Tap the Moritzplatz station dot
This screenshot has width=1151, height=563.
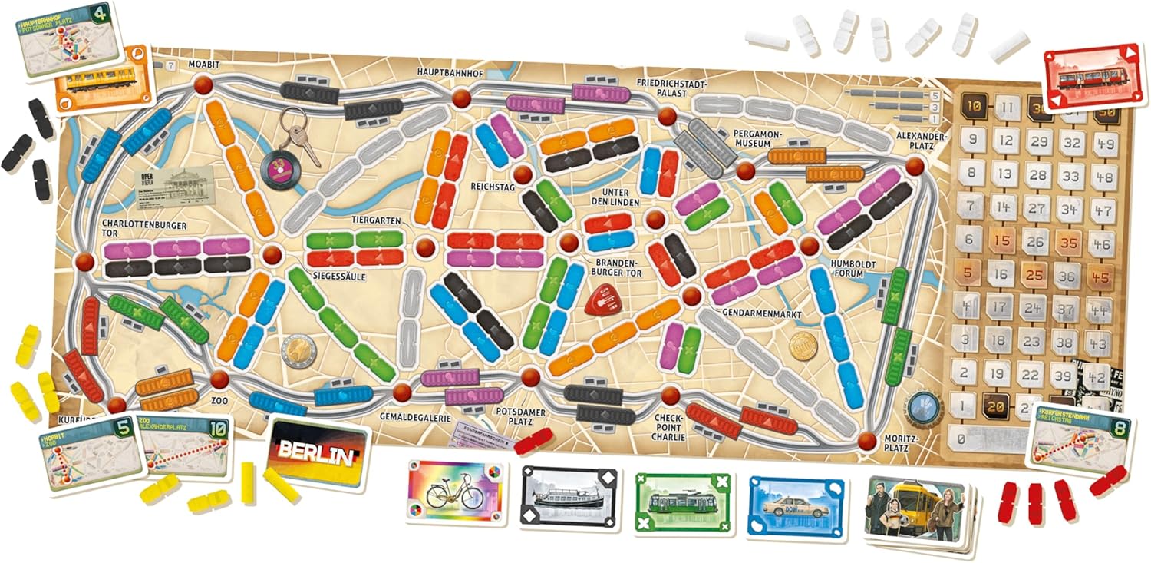867,441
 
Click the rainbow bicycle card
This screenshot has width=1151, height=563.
453,491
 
